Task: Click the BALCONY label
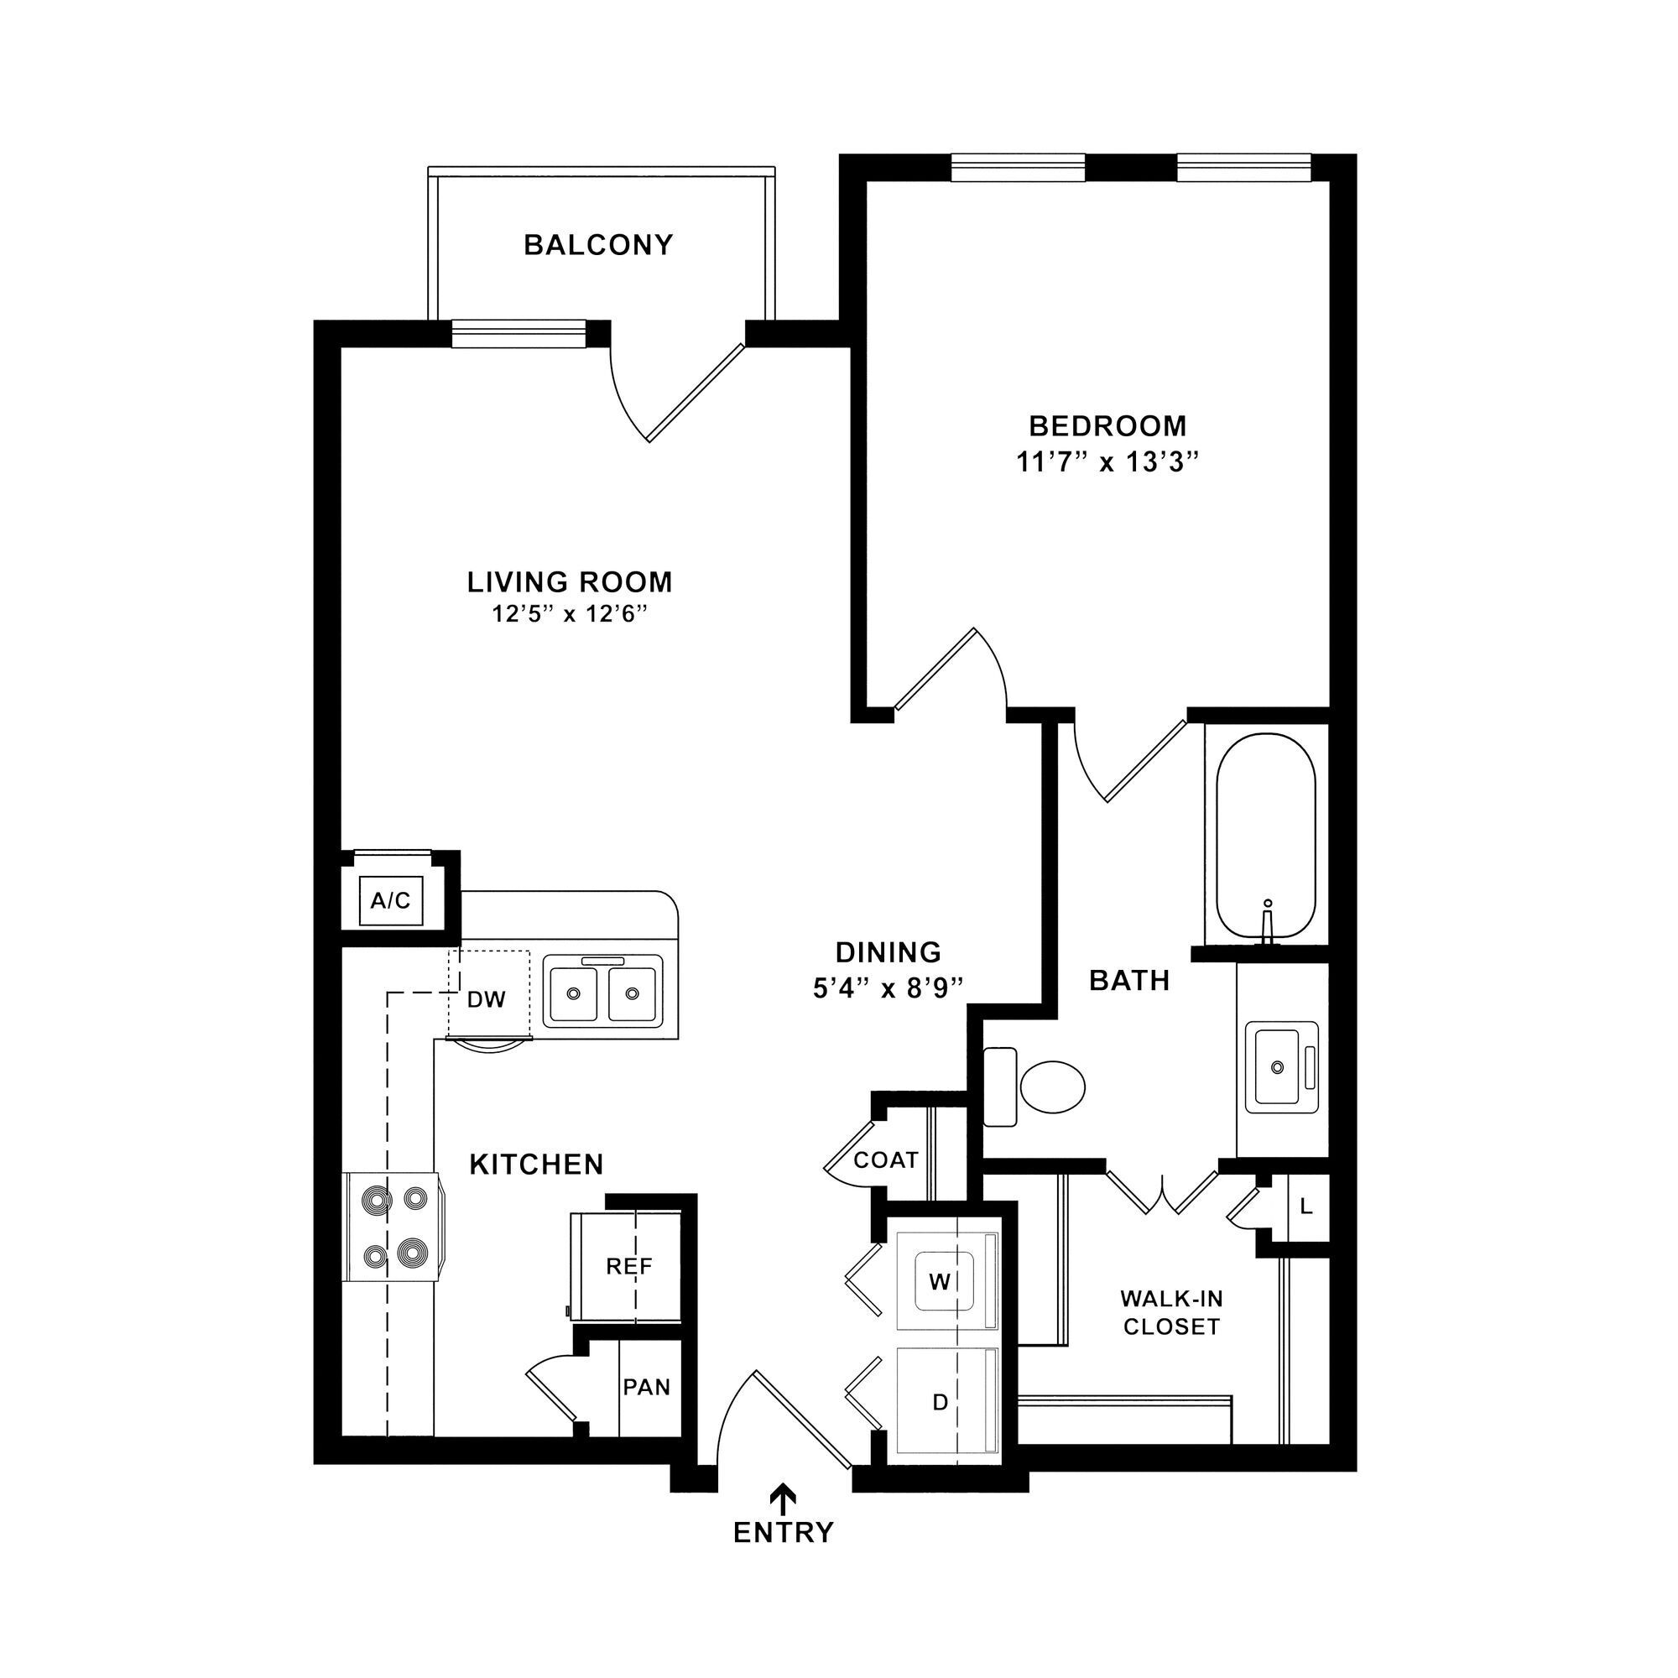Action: [598, 245]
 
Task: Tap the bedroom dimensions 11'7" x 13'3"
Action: [1107, 462]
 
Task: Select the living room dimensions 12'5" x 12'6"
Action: [571, 615]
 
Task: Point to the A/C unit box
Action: [391, 900]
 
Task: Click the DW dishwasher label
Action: [487, 1000]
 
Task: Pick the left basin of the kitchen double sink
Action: [572, 993]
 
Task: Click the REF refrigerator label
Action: [628, 1266]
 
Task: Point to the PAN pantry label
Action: [647, 1387]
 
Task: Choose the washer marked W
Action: [940, 1281]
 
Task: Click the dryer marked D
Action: [940, 1402]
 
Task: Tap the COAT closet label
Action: [886, 1160]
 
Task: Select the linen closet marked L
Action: [1306, 1206]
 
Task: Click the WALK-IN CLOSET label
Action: [1171, 1312]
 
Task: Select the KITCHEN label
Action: [537, 1165]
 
